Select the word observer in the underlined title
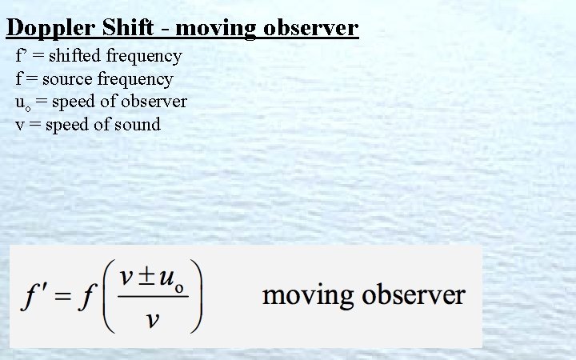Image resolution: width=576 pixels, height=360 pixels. [x=308, y=30]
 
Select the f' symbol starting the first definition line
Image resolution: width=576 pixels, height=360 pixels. [x=21, y=56]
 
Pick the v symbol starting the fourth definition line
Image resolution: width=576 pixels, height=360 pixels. [x=20, y=125]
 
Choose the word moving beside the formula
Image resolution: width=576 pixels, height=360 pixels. [x=308, y=295]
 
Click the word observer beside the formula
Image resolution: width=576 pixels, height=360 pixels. [x=414, y=295]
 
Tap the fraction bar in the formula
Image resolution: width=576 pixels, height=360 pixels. [x=152, y=298]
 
